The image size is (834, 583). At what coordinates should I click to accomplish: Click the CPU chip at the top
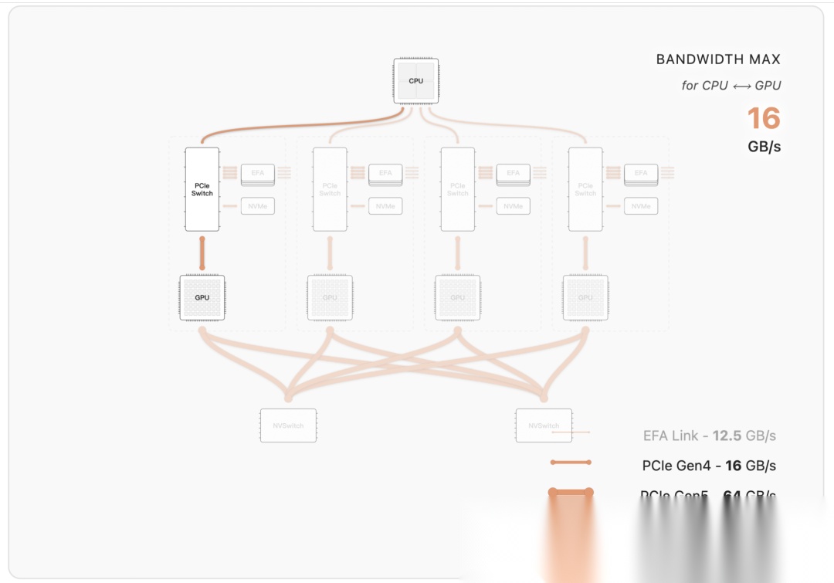point(416,80)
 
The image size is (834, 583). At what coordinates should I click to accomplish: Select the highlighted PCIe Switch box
point(202,189)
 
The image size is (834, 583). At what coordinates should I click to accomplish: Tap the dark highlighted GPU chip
point(202,297)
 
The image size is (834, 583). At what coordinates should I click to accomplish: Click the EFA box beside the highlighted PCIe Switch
point(258,174)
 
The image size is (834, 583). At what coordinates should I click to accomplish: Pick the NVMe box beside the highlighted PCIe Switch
point(258,206)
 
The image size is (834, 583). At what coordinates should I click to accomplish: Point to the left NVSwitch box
point(288,425)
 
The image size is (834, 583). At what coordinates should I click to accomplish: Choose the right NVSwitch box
point(544,425)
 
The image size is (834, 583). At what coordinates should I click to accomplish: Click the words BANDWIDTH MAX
point(718,59)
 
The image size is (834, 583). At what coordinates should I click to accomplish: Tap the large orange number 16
point(763,118)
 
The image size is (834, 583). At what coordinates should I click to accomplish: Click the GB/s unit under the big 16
point(764,146)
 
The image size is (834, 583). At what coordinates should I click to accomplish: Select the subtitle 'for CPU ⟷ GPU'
point(731,86)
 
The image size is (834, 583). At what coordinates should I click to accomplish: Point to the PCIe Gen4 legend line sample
point(571,463)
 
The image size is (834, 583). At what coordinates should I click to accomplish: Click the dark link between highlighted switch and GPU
point(202,253)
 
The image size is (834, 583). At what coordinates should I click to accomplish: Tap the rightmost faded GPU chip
point(585,297)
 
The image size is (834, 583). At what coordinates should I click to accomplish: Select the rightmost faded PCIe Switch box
point(585,189)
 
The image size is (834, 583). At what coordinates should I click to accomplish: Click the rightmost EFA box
point(641,174)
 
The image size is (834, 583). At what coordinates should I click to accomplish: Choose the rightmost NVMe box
point(641,206)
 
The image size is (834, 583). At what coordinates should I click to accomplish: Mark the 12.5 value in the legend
point(727,436)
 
